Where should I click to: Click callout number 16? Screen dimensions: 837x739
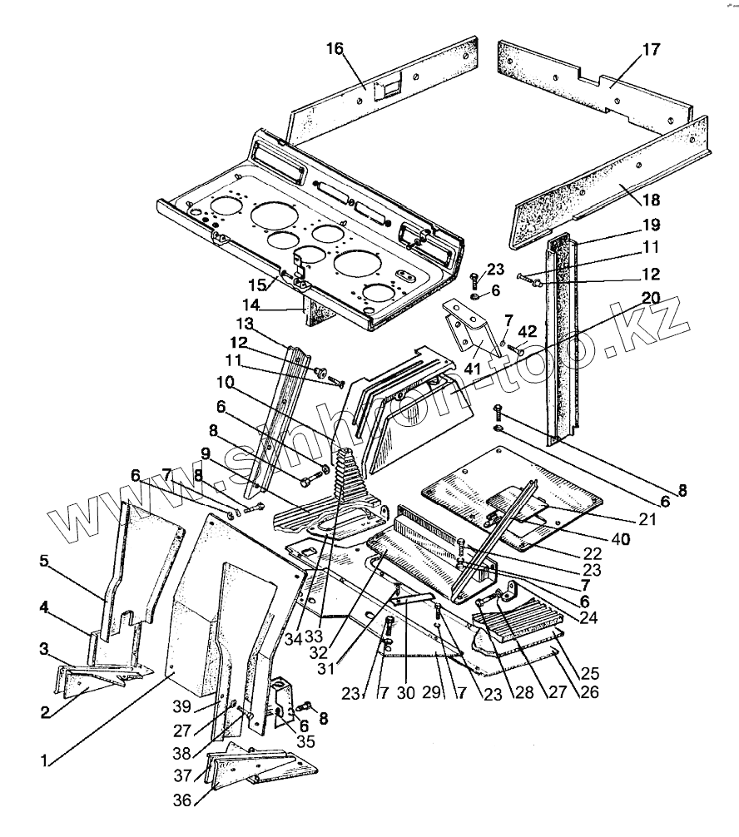pos(335,50)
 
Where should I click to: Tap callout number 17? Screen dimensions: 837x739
pos(651,50)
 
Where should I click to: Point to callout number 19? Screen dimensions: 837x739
pos(651,225)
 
